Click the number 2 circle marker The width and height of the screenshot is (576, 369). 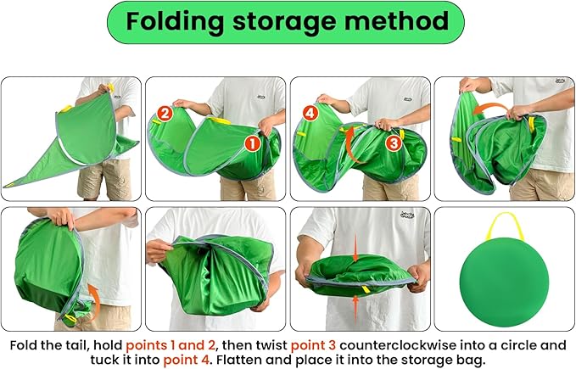(165, 112)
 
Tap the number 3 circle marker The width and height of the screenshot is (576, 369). (394, 143)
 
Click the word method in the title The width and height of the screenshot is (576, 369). (400, 22)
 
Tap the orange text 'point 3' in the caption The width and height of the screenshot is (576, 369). (318, 345)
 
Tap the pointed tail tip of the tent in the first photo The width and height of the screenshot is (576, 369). (8, 184)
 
